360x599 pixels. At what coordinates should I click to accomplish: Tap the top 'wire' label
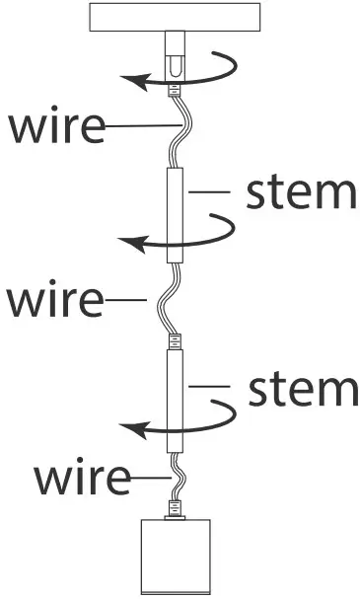[56, 126]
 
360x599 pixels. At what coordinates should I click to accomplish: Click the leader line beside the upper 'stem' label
[210, 191]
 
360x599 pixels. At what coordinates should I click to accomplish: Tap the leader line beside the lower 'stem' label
[210, 389]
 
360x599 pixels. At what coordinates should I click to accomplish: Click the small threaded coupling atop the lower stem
[175, 343]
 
